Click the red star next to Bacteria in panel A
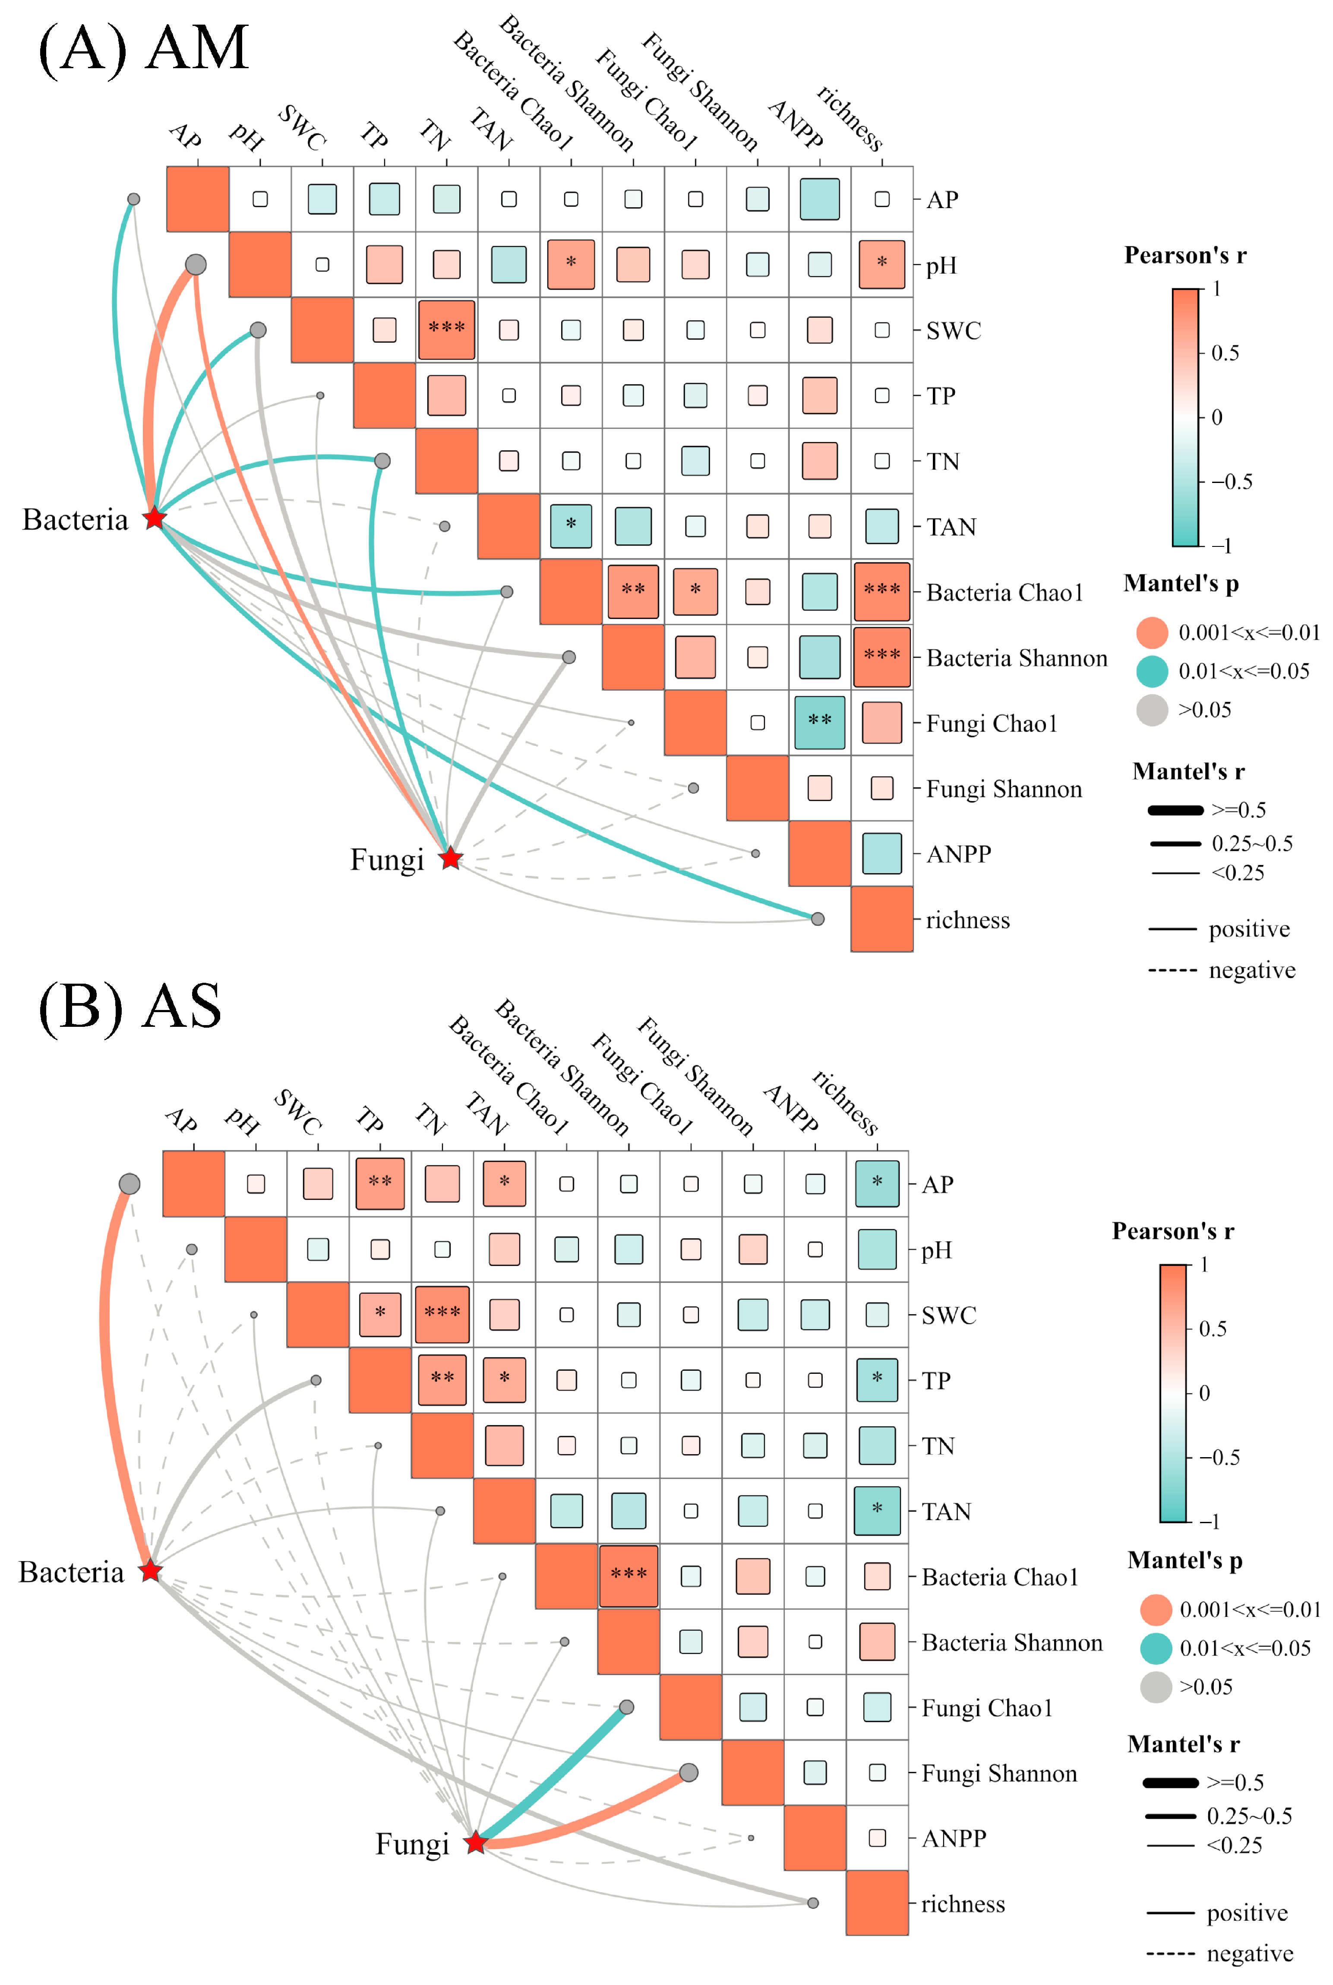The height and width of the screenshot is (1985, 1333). tap(154, 518)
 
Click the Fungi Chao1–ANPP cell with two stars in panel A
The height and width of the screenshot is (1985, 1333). tap(819, 722)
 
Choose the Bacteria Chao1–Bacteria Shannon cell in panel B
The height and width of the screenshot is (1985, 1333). tap(628, 1575)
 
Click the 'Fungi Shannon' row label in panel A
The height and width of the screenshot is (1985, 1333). tap(1003, 789)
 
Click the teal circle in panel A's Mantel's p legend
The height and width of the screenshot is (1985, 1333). tap(1152, 671)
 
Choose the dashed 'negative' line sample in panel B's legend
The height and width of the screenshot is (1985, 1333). tap(1172, 1953)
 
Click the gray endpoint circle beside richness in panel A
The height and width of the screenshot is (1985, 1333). tap(817, 919)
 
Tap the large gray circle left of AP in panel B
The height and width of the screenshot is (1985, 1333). tap(129, 1183)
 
